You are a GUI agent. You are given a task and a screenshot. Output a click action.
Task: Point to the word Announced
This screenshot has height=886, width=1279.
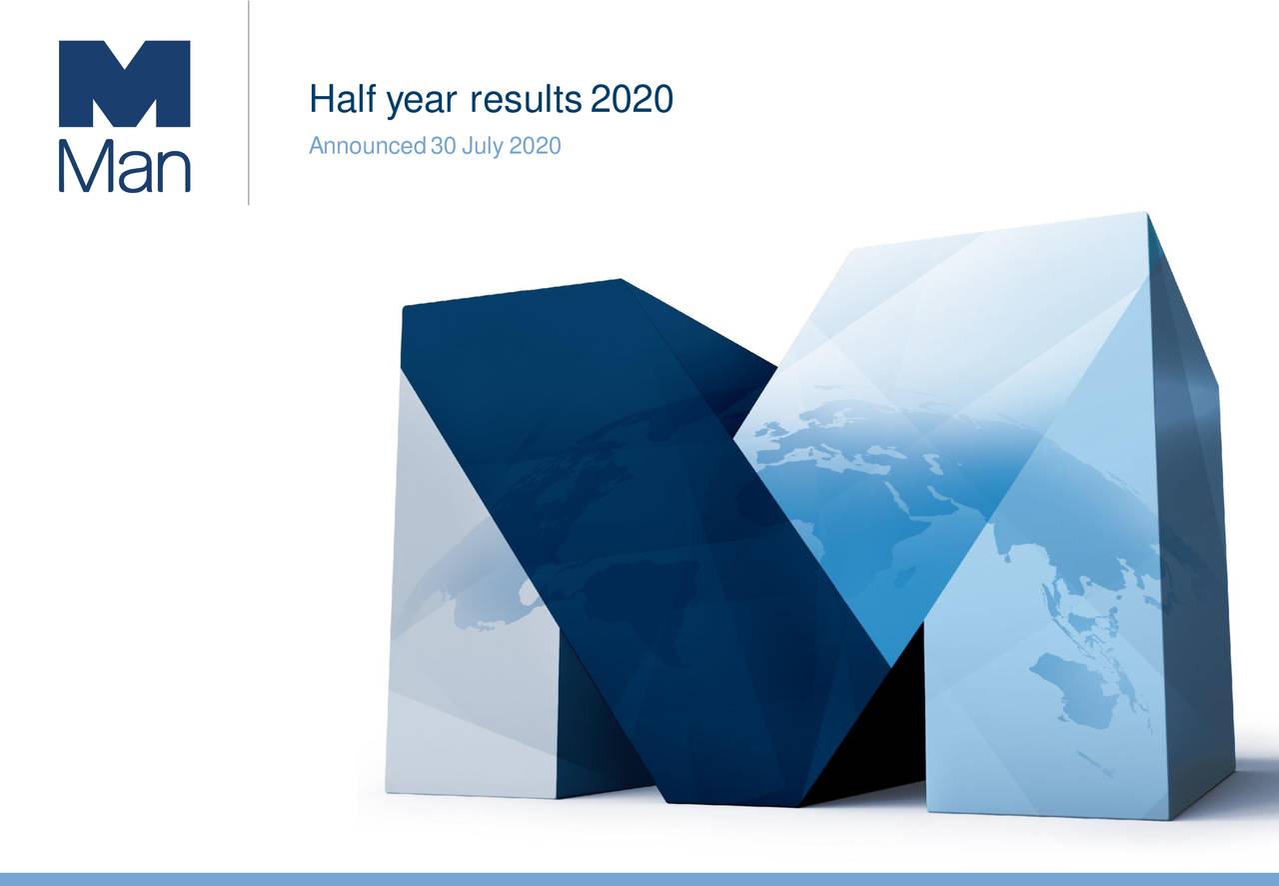pos(367,148)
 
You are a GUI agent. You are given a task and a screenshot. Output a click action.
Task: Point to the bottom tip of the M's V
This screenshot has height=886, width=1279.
pos(889,665)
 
